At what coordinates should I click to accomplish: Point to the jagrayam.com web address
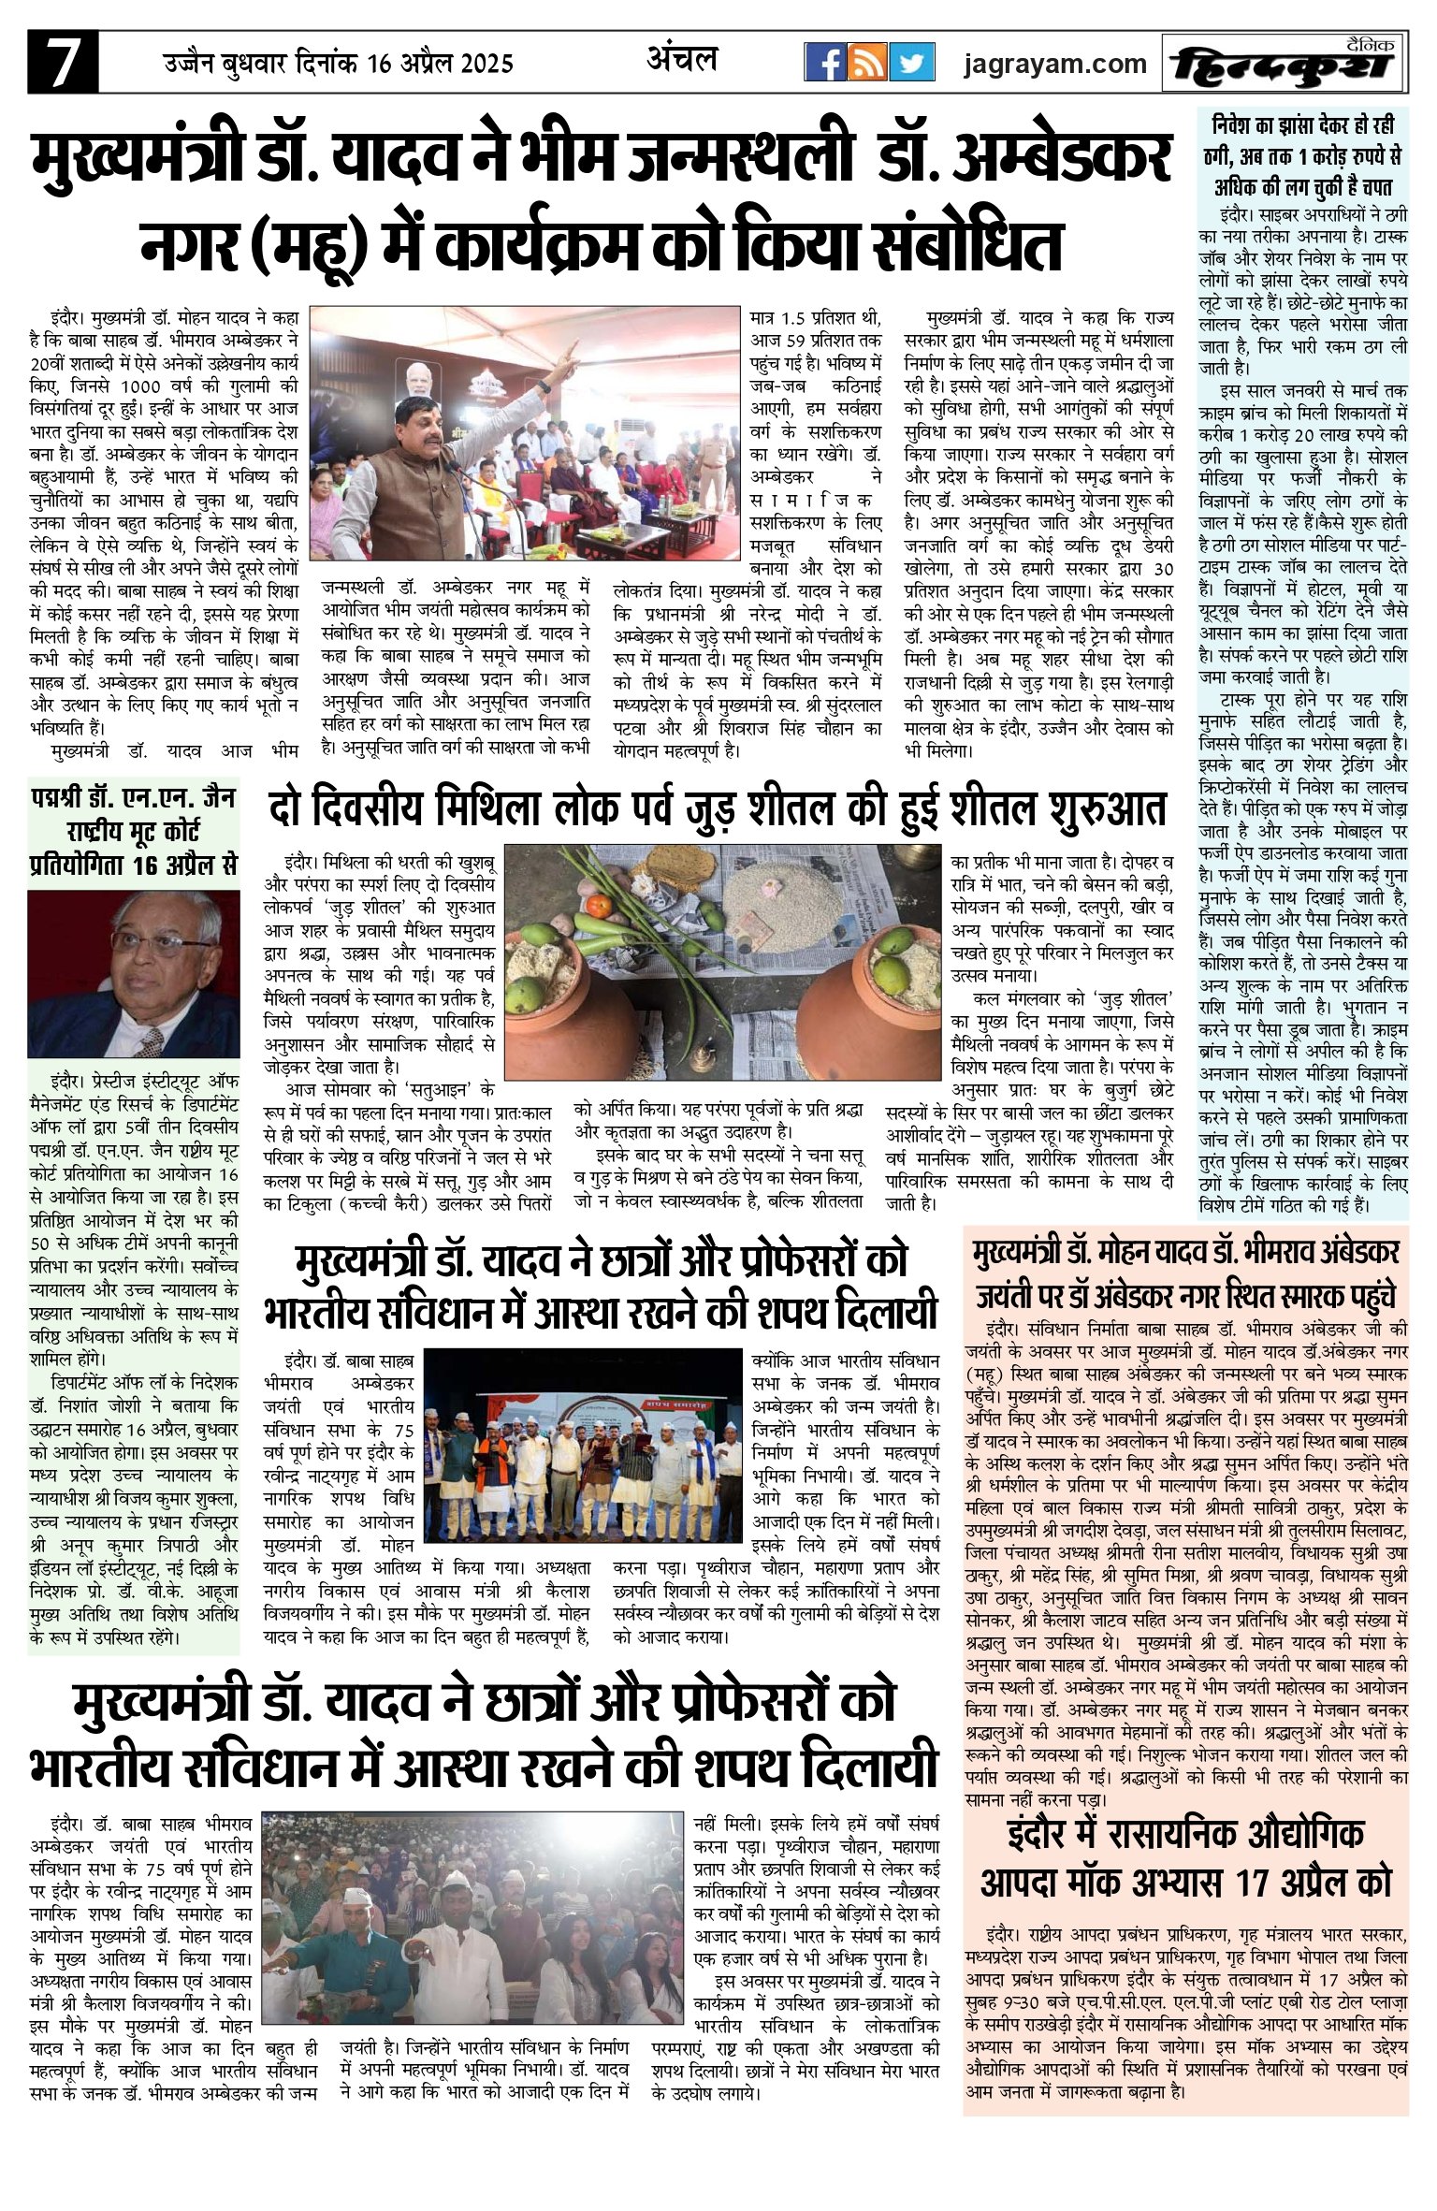(x=1055, y=64)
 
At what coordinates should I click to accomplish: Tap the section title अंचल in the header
(x=682, y=60)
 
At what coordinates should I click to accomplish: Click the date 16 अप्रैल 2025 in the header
(x=441, y=64)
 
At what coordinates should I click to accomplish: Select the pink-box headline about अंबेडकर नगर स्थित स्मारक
(x=1185, y=1272)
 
